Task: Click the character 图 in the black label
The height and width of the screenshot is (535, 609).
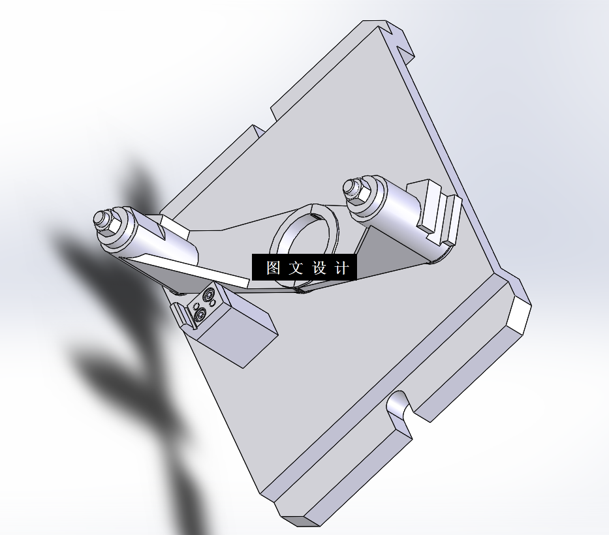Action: tap(273, 267)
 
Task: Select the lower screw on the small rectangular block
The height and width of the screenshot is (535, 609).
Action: tap(199, 316)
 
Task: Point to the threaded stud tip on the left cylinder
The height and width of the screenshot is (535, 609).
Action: tap(100, 217)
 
